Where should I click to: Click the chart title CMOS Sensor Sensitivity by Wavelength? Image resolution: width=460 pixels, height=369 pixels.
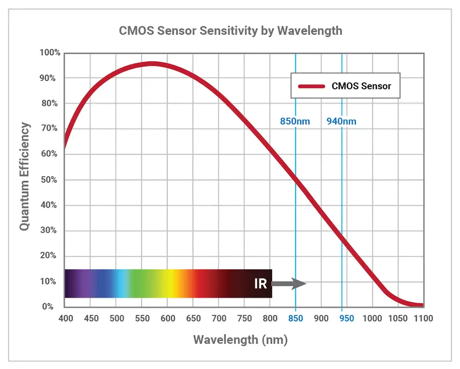coord(230,31)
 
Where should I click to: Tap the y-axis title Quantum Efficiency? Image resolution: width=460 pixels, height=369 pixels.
coord(25,177)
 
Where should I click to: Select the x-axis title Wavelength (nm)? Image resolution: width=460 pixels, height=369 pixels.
coord(240,340)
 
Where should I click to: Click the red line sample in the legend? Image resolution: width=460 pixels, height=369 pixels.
coord(311,86)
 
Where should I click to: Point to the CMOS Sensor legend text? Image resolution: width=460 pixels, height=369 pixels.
coord(361,86)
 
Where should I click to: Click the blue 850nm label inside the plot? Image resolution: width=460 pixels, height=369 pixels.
coord(295,122)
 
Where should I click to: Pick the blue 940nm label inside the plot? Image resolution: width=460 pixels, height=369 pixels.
coord(341,122)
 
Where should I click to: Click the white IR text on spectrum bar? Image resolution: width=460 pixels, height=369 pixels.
coord(260,284)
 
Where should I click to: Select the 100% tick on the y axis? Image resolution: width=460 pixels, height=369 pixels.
coord(50,53)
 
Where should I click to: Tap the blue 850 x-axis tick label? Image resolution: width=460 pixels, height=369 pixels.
coord(295,318)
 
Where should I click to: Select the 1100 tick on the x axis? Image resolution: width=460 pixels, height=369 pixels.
coord(423,318)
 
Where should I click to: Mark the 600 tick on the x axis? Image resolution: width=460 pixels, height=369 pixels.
coord(167,318)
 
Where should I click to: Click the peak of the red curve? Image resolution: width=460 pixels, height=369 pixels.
coord(152,64)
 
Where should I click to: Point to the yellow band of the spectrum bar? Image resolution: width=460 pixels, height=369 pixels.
coord(172,284)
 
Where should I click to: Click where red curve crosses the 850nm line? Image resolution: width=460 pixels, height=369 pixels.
coord(295,180)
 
